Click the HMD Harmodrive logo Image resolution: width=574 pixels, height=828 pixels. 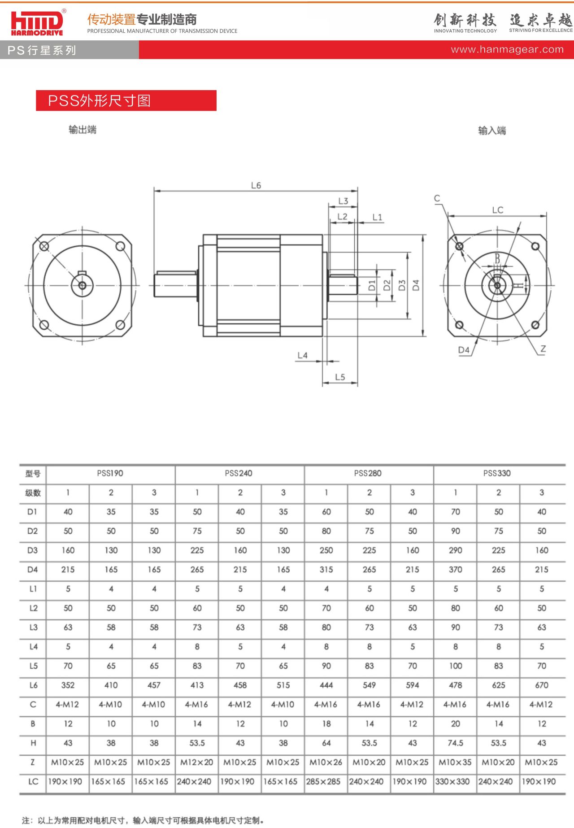click(37, 22)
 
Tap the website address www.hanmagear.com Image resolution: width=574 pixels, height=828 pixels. click(507, 49)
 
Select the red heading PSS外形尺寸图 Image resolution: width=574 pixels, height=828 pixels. click(100, 100)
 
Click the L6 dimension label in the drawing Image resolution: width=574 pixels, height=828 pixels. click(256, 185)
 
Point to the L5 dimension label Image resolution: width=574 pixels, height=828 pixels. click(340, 377)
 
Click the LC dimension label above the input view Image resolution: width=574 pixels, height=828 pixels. click(498, 210)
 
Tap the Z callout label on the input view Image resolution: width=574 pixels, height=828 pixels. click(543, 349)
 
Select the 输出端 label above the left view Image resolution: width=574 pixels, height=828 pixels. click(83, 130)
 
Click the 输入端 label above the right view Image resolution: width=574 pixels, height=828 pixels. click(492, 131)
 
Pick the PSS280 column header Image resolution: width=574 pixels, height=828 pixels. click(368, 473)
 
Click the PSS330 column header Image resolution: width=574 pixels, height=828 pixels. click(497, 473)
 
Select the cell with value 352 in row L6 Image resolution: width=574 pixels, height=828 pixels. click(68, 685)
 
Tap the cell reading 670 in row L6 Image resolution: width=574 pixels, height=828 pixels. click(542, 685)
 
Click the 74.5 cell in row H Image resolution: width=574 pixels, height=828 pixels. click(456, 743)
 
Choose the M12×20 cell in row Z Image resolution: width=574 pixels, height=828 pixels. click(197, 762)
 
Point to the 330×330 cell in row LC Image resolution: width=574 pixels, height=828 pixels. click(452, 781)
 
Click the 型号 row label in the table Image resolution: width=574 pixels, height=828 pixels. click(33, 474)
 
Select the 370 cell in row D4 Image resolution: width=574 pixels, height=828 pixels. click(456, 569)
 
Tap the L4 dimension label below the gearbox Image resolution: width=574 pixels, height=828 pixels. click(303, 355)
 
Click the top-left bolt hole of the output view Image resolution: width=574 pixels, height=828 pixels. click(44, 246)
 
